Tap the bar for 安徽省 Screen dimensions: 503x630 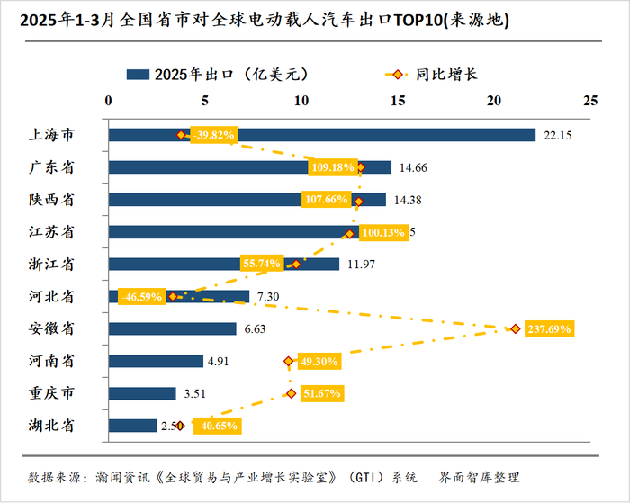tap(172, 329)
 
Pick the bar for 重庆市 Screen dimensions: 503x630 tap(142, 393)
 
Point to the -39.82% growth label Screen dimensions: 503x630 tap(213, 135)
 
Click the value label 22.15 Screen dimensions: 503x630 tap(557, 136)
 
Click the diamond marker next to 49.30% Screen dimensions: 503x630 tap(289, 362)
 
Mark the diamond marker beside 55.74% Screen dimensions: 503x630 tap(296, 265)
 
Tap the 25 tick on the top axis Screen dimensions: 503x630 tap(589, 100)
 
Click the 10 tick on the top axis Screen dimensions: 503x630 tap(301, 100)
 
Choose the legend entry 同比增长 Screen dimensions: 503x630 tap(446, 74)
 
